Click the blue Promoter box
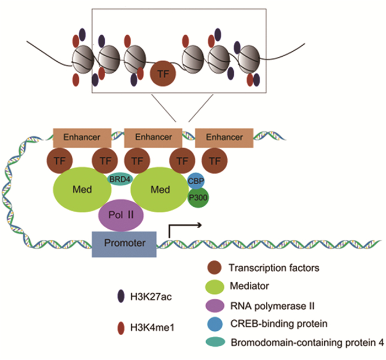pyautogui.click(x=125, y=243)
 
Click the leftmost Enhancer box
pyautogui.click(x=82, y=137)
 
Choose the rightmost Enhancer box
pyautogui.click(x=224, y=137)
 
